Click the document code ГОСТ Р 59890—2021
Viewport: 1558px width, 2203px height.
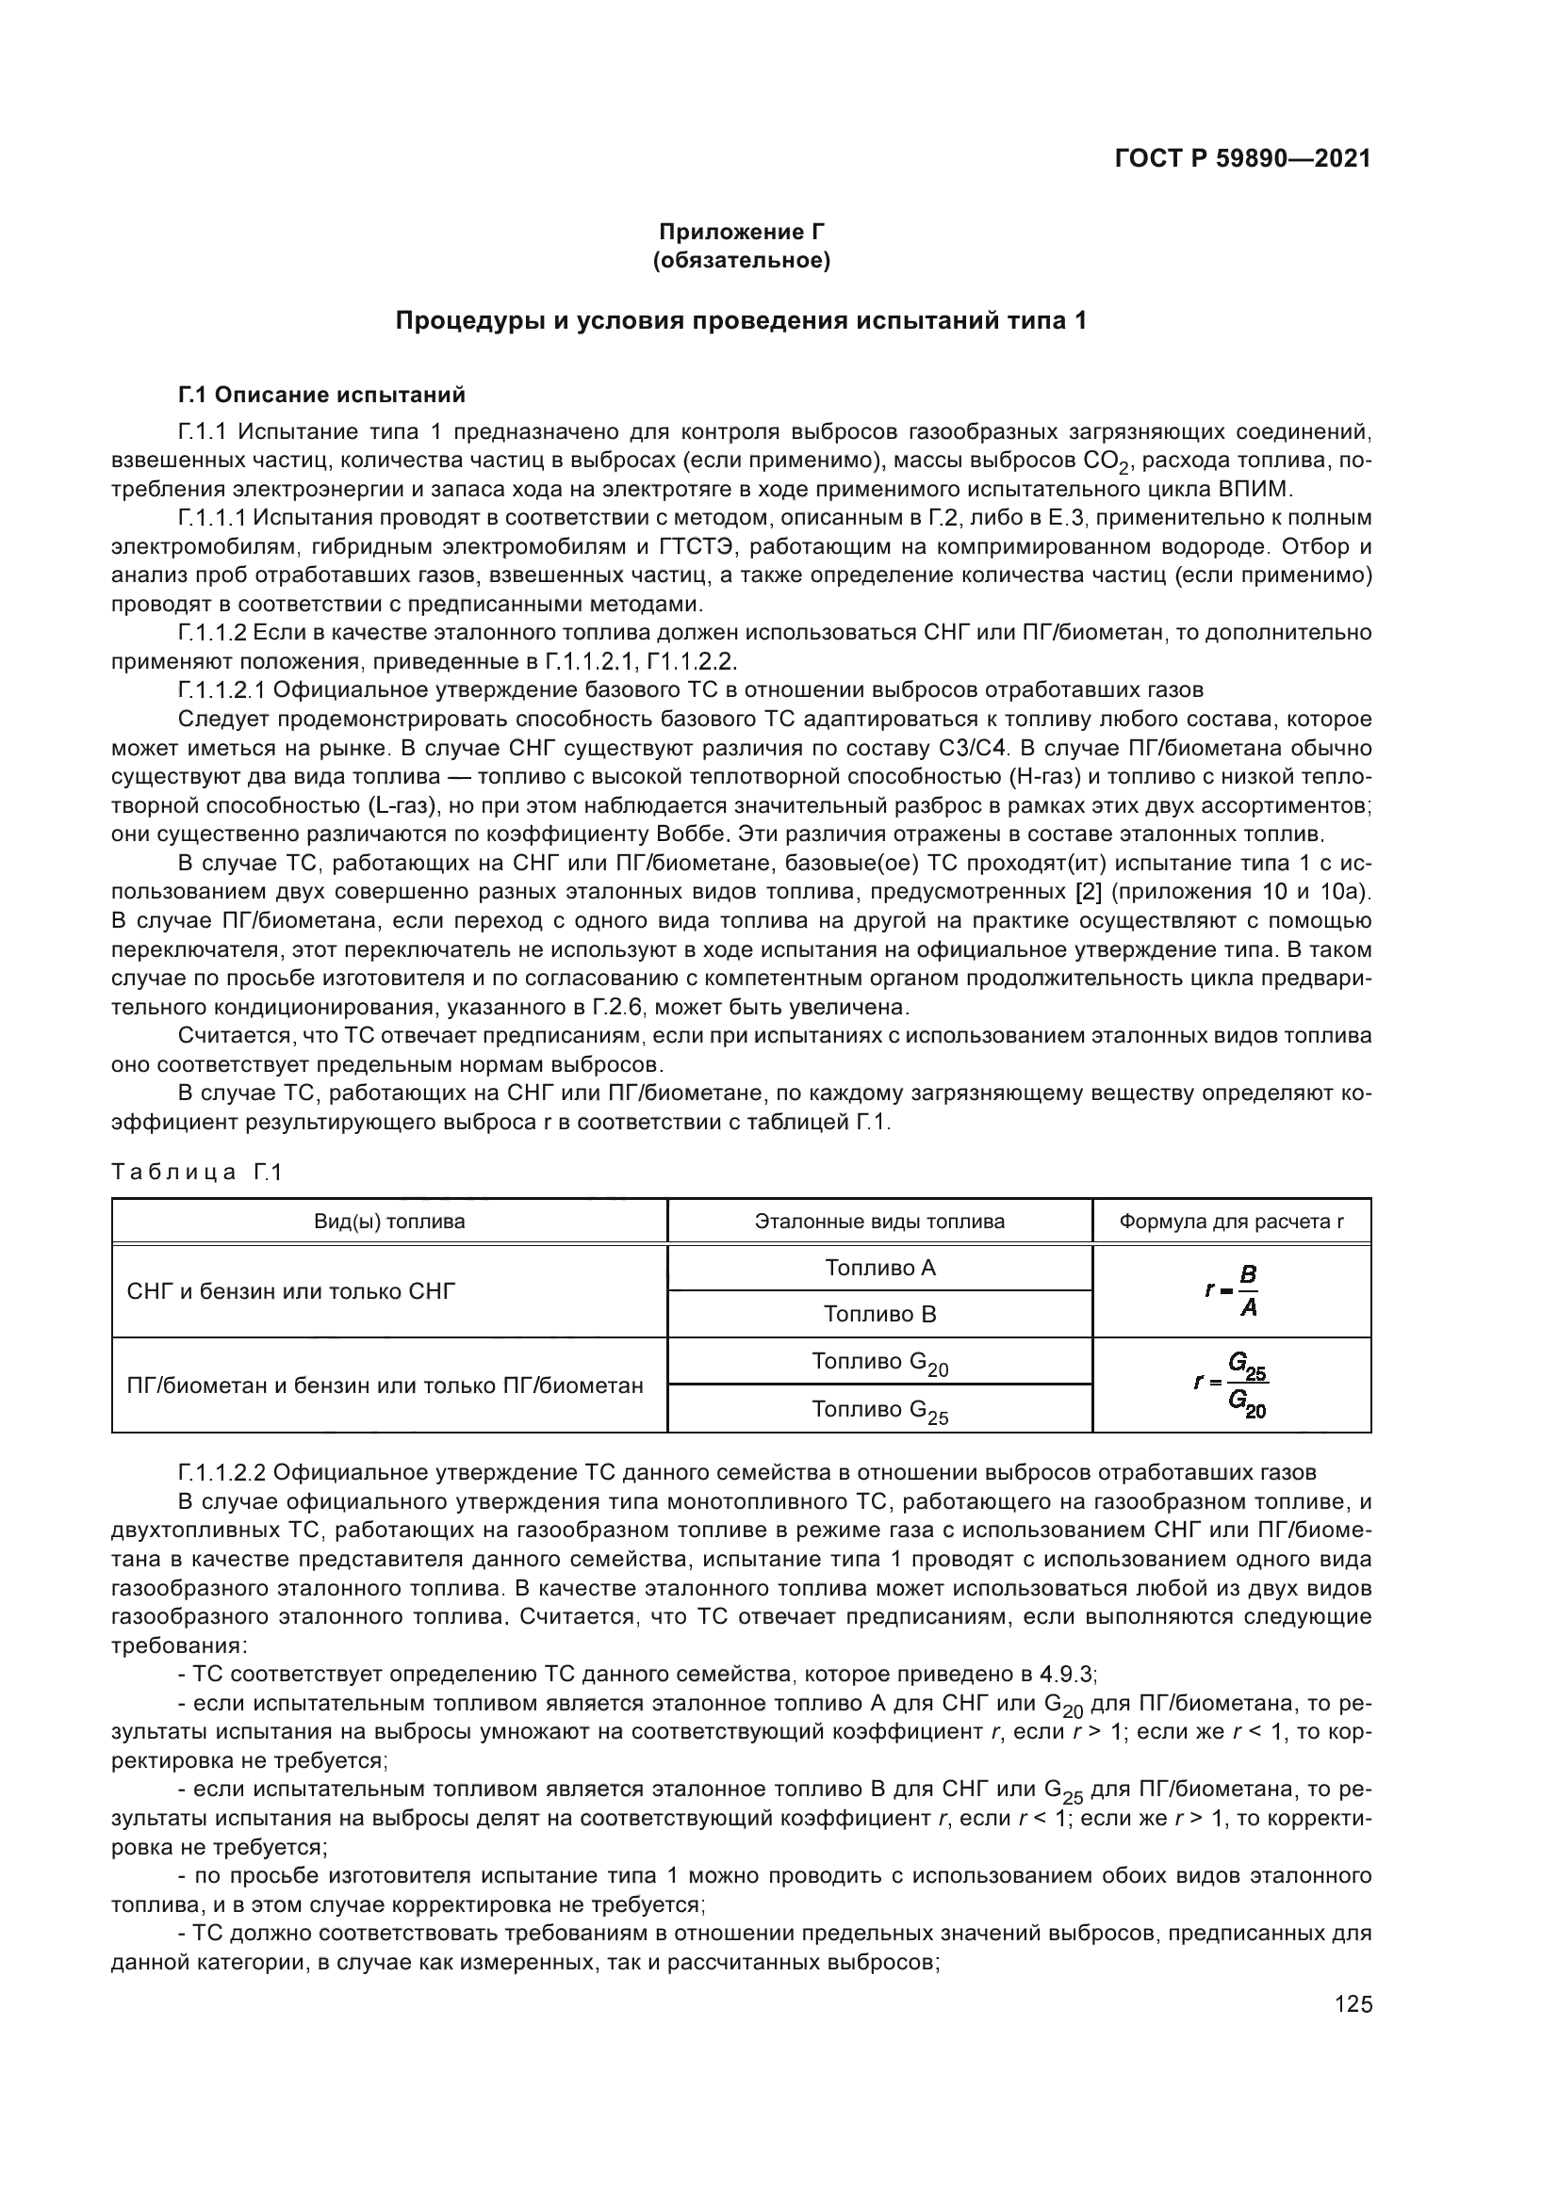pos(1242,159)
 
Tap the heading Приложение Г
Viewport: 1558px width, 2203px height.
pos(741,232)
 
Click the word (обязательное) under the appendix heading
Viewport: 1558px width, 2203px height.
pos(741,260)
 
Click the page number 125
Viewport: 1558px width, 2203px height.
pos(1353,2004)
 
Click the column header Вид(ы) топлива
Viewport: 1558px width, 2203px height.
pos(390,1222)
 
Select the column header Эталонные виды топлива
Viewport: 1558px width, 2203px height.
pos(879,1222)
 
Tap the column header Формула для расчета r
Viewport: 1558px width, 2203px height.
pos(1231,1222)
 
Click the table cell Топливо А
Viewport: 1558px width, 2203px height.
pos(879,1268)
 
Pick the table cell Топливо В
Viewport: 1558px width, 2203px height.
pos(879,1314)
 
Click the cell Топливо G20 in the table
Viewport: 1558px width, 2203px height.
pos(879,1363)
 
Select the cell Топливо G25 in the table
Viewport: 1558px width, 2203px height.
pos(879,1410)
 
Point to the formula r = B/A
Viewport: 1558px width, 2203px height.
pos(1233,1290)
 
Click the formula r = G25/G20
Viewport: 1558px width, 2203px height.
pos(1232,1385)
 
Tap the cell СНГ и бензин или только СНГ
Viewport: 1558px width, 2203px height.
pos(291,1290)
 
